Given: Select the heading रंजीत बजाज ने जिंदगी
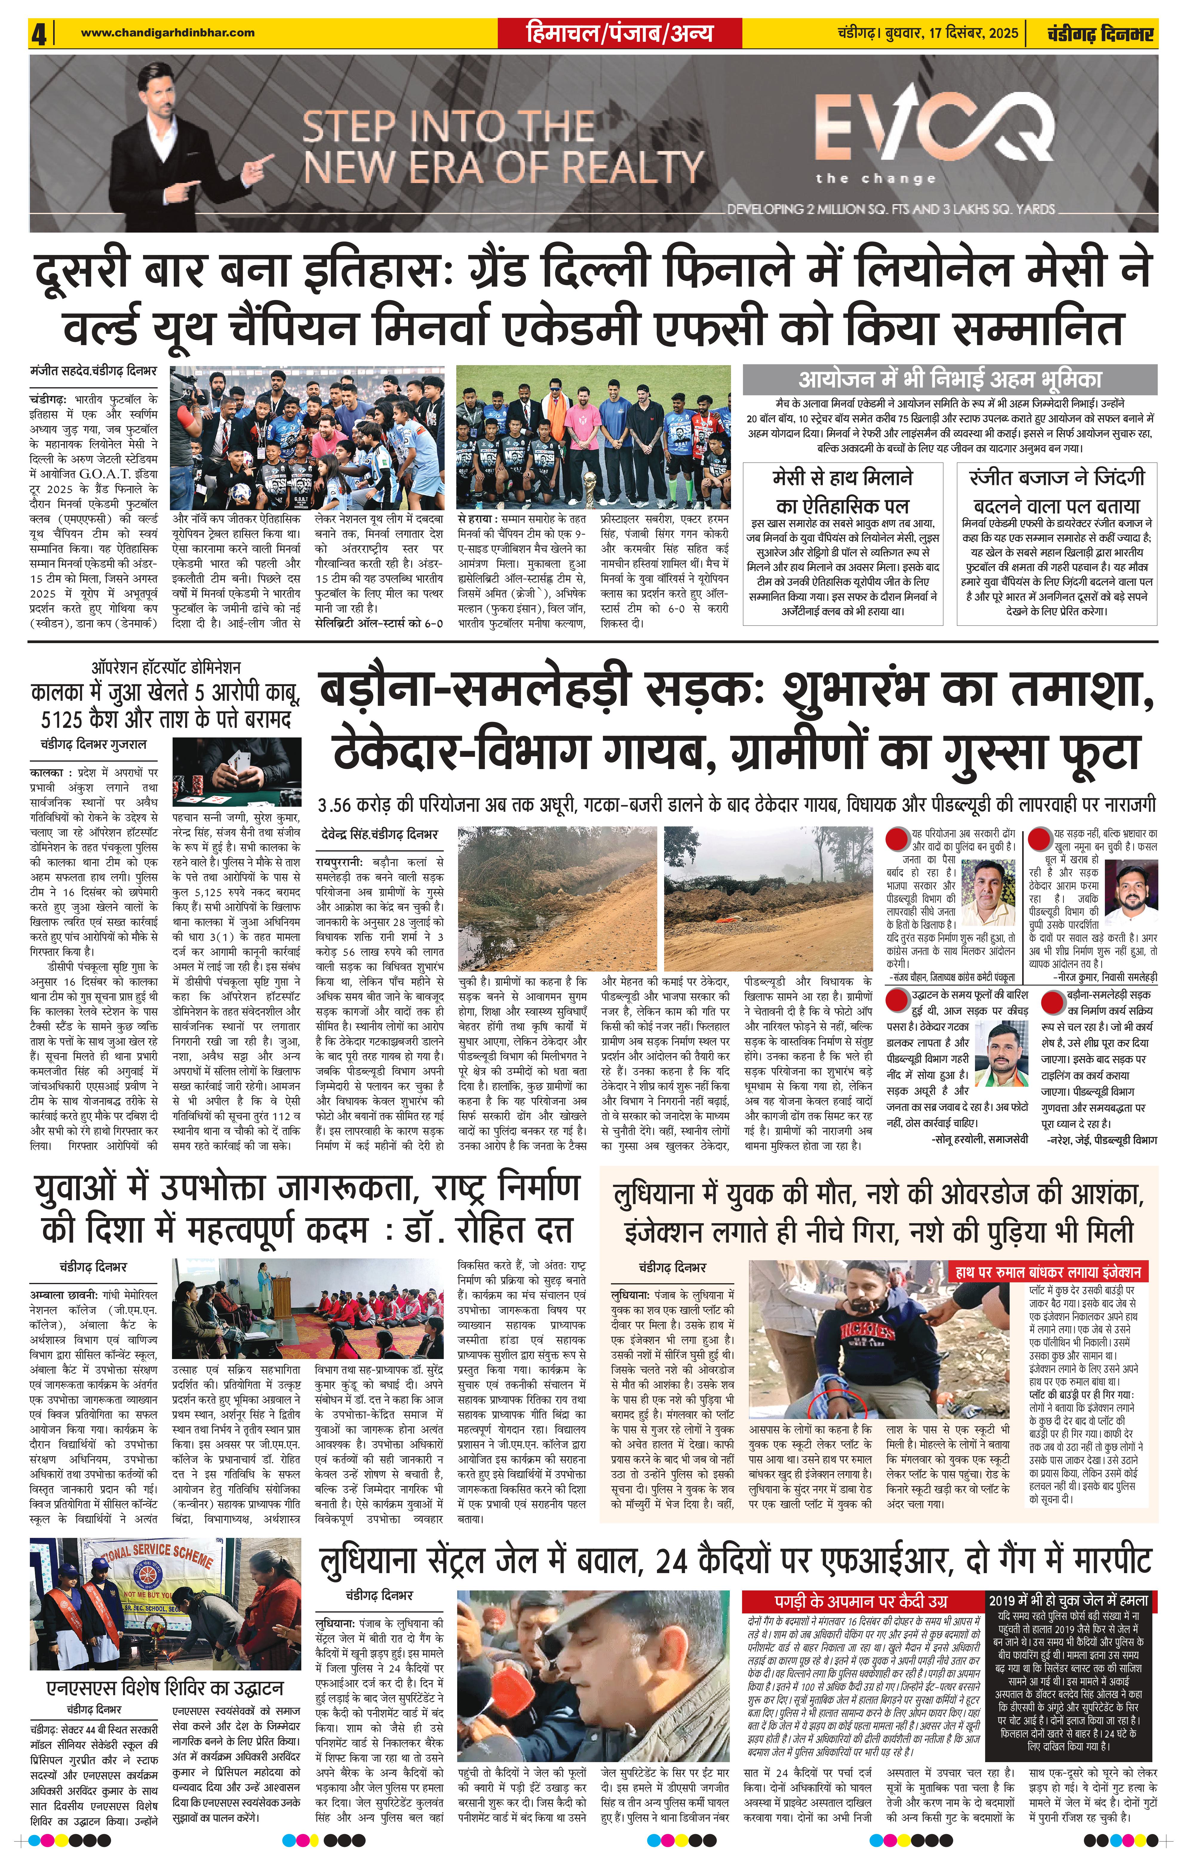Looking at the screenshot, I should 1057,477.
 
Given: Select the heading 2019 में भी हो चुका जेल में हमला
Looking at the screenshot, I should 1068,1601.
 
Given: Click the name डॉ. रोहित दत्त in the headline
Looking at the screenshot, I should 489,1229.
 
